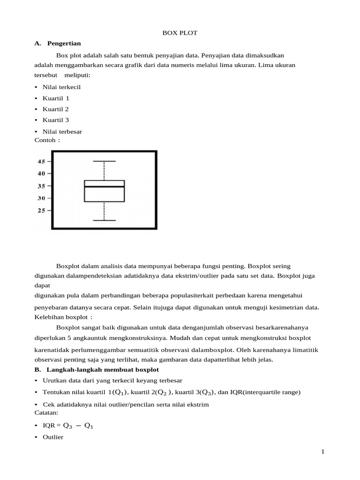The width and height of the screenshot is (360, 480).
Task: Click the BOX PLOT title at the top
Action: (180, 33)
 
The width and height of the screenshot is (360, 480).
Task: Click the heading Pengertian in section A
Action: (64, 44)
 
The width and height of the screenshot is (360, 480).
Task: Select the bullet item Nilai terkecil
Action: (61, 87)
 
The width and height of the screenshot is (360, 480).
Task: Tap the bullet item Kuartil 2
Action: (56, 109)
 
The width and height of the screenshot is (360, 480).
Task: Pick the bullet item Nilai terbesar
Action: (62, 132)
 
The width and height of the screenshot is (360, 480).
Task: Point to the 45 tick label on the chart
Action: (41, 162)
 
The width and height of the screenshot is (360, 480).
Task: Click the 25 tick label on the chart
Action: (41, 210)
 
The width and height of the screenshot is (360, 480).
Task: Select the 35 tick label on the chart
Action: (41, 186)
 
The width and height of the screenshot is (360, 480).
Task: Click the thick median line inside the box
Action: (104, 187)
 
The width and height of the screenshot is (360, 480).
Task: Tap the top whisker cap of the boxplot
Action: (104, 161)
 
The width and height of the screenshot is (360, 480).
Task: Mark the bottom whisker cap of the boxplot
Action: (104, 220)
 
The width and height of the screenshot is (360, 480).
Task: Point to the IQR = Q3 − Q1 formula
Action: (70, 426)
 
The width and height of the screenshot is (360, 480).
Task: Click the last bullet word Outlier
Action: (53, 437)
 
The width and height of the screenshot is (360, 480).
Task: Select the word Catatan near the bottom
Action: (46, 413)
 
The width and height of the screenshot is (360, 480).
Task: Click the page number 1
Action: (323, 452)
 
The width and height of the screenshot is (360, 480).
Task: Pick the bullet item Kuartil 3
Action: (56, 120)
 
